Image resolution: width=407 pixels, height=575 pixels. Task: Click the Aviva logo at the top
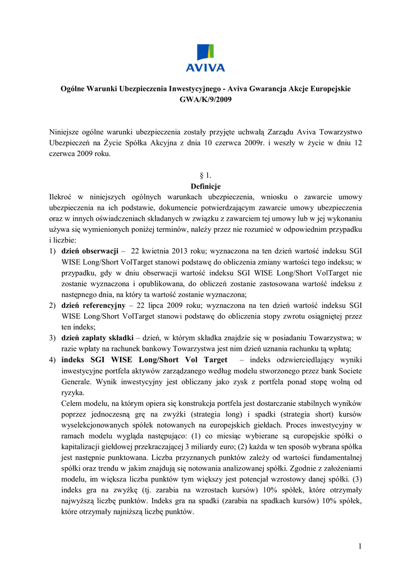tap(205, 58)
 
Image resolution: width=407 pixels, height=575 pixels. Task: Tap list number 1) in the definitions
tap(52, 250)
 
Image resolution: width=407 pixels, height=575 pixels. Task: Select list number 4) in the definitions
tap(52, 360)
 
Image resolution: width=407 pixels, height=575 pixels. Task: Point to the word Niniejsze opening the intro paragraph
tap(67, 132)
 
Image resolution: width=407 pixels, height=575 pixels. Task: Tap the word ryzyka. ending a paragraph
tap(72, 393)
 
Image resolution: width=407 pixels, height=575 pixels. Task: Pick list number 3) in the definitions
tap(52, 338)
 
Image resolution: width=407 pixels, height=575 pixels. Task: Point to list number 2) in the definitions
tap(52, 305)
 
